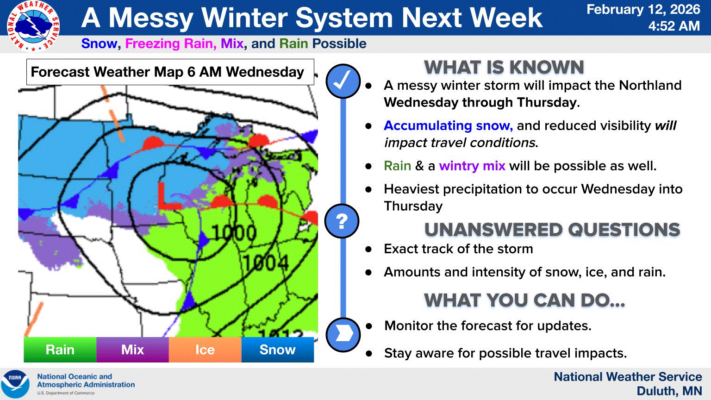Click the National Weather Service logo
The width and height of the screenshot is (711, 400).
(33, 26)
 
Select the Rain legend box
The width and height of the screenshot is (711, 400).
(60, 350)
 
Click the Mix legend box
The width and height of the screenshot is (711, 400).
(133, 350)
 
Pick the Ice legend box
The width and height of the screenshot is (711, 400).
(205, 350)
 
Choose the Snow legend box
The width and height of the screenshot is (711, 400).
(278, 350)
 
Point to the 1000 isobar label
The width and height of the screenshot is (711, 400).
(234, 232)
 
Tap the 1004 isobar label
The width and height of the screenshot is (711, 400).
(266, 263)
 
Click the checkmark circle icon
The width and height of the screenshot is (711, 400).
(343, 81)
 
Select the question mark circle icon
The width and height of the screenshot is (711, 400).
(342, 221)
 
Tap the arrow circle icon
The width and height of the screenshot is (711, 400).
(343, 335)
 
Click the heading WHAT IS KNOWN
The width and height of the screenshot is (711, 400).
(504, 67)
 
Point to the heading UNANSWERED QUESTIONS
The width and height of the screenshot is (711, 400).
(552, 230)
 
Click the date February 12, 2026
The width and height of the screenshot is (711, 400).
(643, 10)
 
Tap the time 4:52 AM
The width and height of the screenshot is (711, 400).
(674, 26)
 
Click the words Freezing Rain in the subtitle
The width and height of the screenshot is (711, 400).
(171, 44)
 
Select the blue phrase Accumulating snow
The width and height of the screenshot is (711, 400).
(448, 126)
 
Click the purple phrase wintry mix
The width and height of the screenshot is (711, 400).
(472, 166)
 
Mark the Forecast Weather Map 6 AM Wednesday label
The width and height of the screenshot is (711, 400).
(167, 72)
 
